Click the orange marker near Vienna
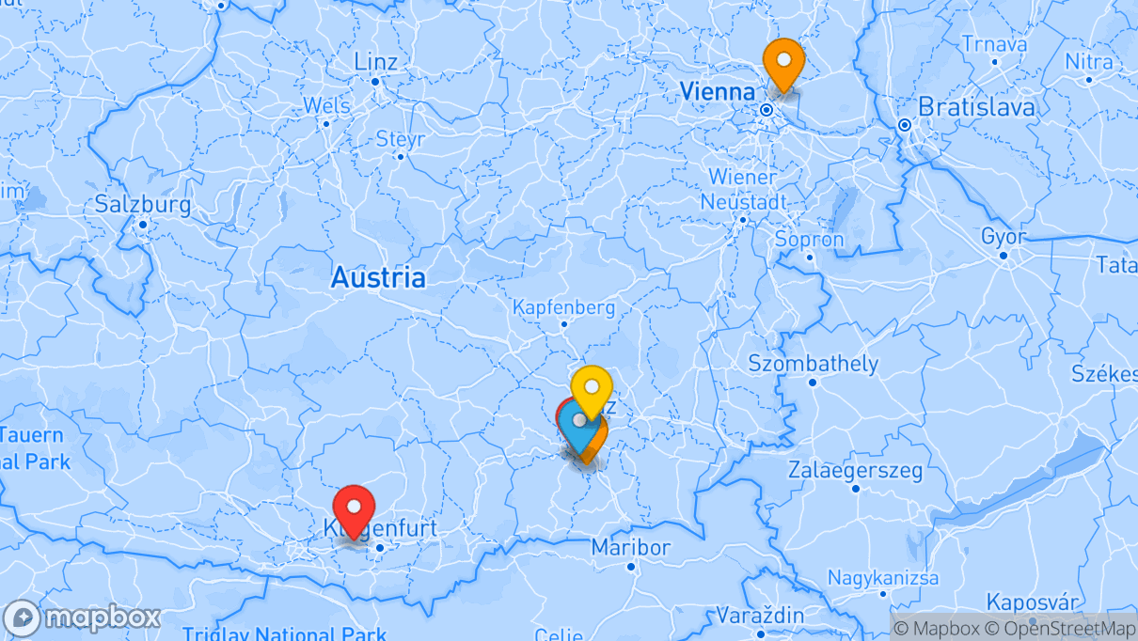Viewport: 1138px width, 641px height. tap(782, 61)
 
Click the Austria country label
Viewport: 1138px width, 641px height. tap(377, 277)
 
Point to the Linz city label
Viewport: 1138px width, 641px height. tap(375, 62)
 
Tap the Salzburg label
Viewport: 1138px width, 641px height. tap(142, 205)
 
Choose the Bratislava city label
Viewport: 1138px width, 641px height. tap(976, 107)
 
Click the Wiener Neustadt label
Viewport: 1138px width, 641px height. tap(743, 189)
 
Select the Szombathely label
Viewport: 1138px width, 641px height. tap(813, 364)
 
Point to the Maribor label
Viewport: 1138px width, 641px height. tap(631, 548)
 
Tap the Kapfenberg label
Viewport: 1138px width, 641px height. tap(563, 307)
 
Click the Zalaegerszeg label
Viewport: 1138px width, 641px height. tap(856, 470)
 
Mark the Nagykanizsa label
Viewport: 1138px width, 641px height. tap(882, 578)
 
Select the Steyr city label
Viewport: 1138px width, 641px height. tap(401, 139)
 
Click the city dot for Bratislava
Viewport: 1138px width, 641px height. tap(904, 125)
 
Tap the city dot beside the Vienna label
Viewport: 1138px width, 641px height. tap(767, 110)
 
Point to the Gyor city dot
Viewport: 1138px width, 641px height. tap(1004, 255)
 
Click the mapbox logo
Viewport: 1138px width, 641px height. tap(82, 618)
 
